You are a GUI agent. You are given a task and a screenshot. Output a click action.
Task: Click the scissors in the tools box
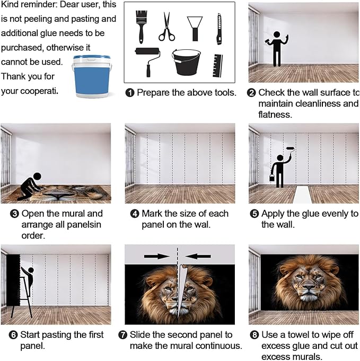coord(166,27)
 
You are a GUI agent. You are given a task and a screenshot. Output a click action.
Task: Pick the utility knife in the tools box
coord(218,29)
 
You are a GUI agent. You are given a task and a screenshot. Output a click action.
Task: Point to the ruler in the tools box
coord(217,64)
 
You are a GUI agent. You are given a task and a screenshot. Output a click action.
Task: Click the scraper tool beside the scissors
coord(195,27)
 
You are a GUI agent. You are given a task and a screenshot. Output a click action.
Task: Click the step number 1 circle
coord(130,93)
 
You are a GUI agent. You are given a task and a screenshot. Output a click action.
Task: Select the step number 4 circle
coord(135,214)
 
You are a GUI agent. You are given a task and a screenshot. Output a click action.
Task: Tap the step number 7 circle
coord(129,335)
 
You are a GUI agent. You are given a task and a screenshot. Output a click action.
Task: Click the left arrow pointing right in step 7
coord(156,256)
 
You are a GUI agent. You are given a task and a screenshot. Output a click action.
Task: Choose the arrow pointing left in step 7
coord(199,256)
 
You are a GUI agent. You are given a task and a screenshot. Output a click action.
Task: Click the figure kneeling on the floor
coord(30,186)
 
